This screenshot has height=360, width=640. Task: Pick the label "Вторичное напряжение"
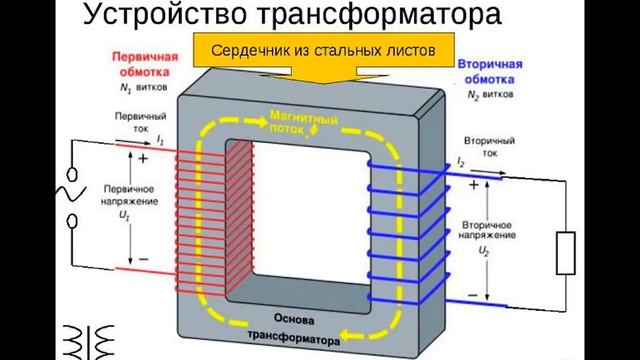point(489,226)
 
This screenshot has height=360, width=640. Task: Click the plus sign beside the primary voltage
point(143,158)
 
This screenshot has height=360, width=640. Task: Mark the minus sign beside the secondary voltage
point(472,297)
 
